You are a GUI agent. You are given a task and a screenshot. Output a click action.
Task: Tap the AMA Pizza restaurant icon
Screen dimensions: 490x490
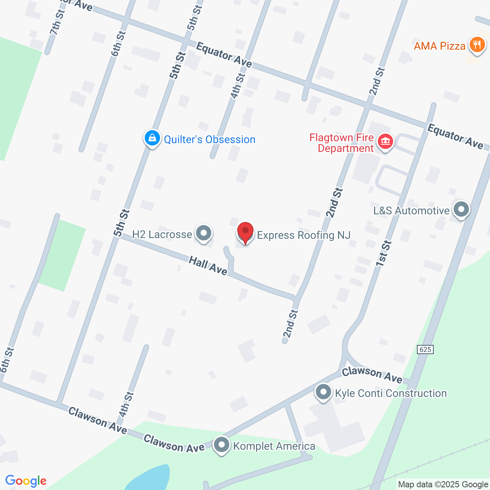coord(477,45)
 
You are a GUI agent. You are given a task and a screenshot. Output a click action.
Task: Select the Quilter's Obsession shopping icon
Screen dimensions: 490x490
coord(152,138)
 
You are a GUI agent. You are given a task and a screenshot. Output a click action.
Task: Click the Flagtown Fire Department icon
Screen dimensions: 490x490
coord(385,142)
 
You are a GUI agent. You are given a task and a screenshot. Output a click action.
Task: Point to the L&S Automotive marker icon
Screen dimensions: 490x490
coord(461,209)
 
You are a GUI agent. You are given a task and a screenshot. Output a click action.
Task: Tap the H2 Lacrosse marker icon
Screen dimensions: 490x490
coord(203,233)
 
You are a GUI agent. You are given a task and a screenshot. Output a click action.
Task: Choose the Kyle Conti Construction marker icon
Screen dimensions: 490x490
coord(323,392)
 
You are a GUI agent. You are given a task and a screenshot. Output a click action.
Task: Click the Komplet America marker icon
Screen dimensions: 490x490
coord(222,445)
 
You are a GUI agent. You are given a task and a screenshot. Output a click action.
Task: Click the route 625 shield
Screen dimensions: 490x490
coord(425,349)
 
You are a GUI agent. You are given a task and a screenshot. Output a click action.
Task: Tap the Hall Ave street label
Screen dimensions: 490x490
coord(208,266)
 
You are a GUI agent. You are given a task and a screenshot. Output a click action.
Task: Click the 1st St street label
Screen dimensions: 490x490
coord(384,253)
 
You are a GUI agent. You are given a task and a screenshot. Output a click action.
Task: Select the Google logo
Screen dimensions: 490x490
coord(26,481)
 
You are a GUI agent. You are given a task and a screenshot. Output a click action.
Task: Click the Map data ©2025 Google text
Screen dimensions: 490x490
coord(443,485)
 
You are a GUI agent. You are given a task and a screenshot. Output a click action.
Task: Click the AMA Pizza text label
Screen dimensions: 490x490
coord(439,46)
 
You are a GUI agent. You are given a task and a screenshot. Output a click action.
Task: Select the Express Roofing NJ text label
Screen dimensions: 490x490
coord(304,235)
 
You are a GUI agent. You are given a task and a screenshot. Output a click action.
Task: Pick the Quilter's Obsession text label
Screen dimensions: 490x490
coord(209,139)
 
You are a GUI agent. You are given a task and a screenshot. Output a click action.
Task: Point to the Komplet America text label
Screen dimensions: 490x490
coord(274,446)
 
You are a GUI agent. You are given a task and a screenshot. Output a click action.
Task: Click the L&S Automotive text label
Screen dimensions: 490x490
coord(411,211)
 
